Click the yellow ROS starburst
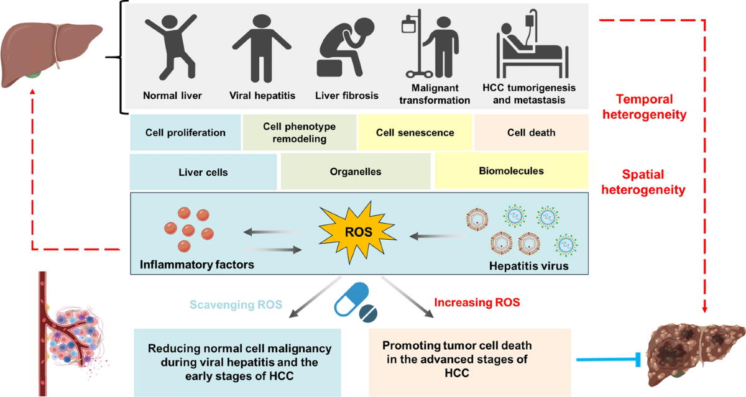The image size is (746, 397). tap(357, 232)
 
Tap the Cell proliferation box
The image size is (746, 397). tap(185, 132)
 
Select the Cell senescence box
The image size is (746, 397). tap(415, 132)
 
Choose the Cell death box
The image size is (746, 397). tap(531, 132)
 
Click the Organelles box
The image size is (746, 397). tap(356, 171)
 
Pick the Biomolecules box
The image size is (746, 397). tap(512, 171)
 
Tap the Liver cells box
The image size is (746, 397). tap(203, 172)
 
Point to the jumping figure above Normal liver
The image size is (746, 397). tap(171, 47)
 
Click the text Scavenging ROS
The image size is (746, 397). tap(236, 304)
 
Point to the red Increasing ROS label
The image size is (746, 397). tap(477, 302)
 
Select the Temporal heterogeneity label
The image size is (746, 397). tap(645, 107)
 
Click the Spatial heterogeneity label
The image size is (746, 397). tap(643, 182)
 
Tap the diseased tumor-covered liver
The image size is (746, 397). tap(696, 354)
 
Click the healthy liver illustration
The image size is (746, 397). tap(50, 54)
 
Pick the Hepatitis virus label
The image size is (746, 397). tap(528, 266)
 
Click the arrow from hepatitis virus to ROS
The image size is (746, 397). tap(438, 236)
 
